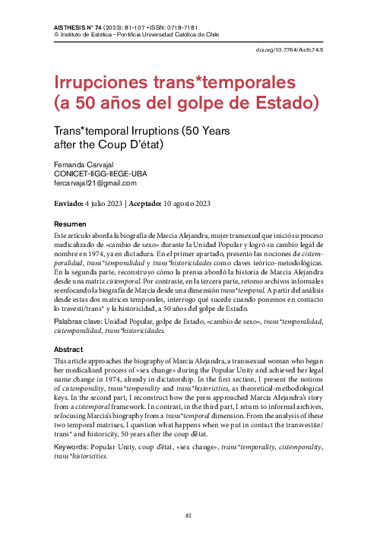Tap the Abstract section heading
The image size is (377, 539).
pyautogui.click(x=69, y=350)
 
